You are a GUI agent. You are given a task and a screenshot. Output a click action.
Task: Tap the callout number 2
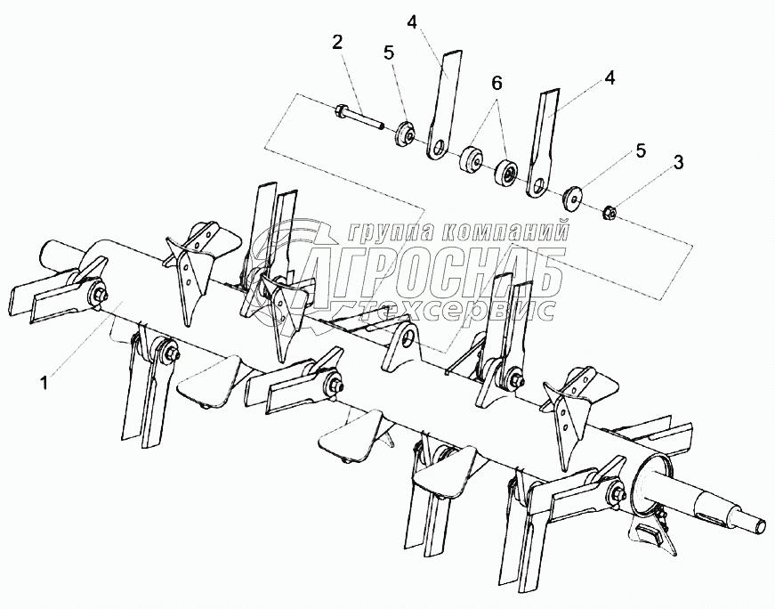(x=336, y=41)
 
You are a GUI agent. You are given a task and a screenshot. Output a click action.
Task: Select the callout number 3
(x=678, y=162)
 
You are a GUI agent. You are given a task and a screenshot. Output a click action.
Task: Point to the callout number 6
(x=496, y=84)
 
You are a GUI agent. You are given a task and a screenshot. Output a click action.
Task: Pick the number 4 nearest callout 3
(x=609, y=77)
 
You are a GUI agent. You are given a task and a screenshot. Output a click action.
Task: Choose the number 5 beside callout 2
(x=389, y=53)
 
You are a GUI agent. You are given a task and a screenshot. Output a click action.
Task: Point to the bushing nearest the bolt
(x=471, y=160)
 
